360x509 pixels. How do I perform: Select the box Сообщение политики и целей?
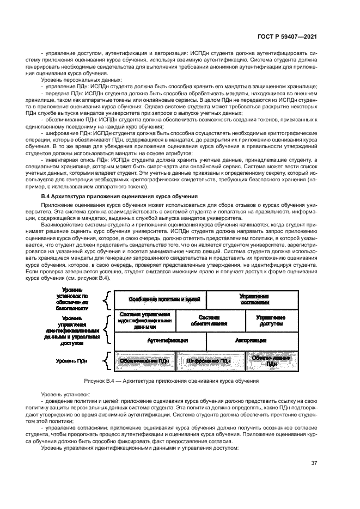tap(160, 299)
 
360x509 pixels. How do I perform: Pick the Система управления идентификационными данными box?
tap(145, 321)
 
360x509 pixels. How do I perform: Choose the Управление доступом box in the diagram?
tap(270, 321)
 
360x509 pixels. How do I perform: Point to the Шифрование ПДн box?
tap(209, 360)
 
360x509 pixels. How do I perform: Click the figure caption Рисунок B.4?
tap(178, 381)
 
